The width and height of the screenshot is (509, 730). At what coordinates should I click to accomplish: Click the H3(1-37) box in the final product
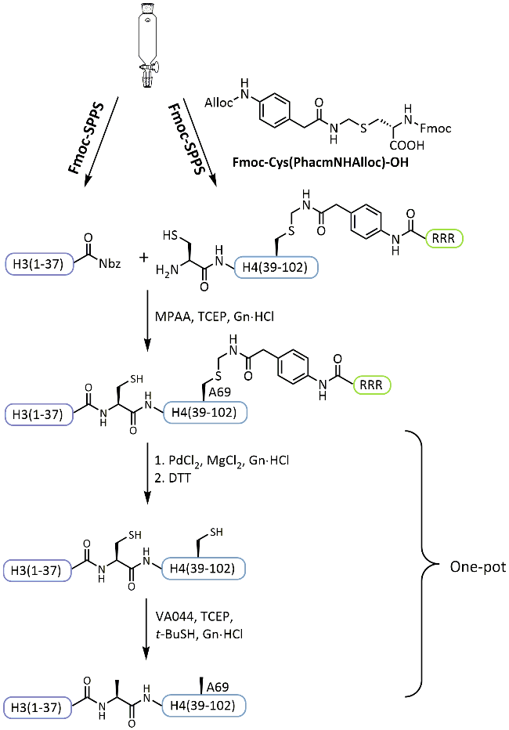tap(39, 704)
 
